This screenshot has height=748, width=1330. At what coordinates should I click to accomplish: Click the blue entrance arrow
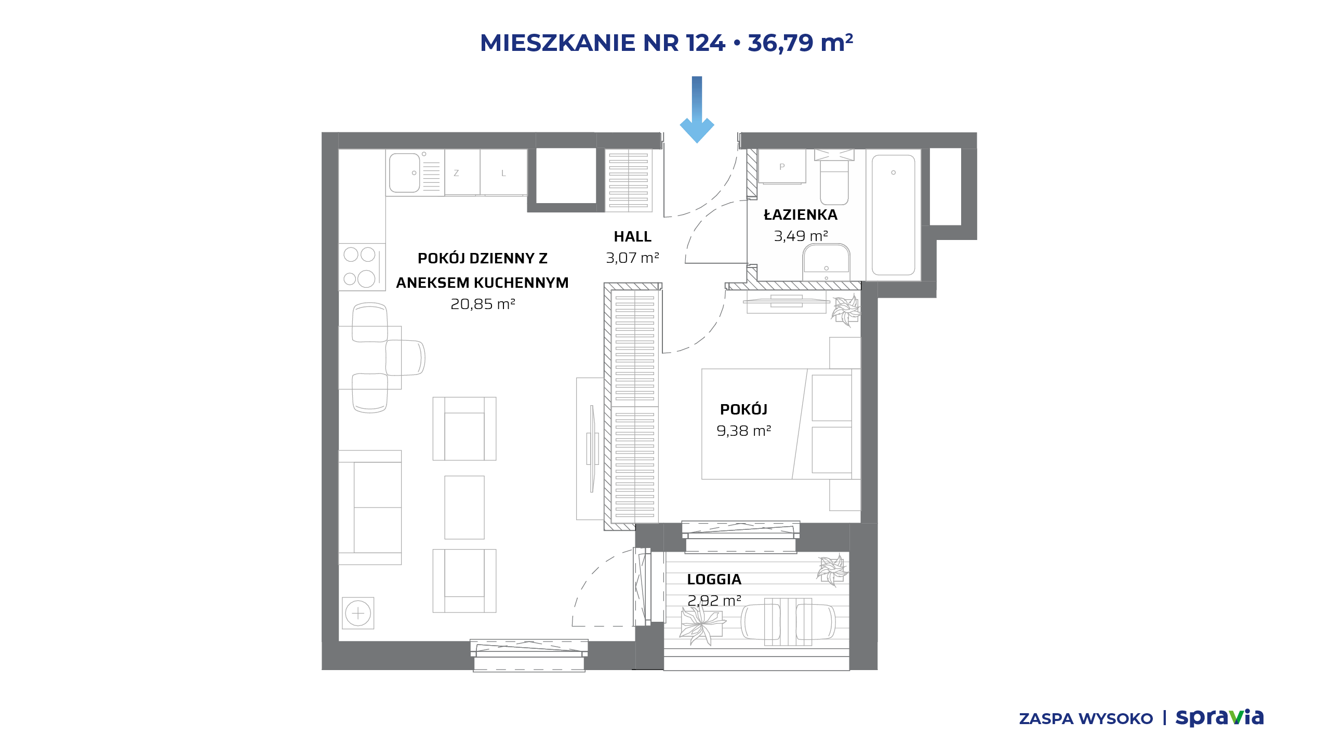click(697, 110)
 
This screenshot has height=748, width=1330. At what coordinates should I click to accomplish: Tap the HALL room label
click(632, 237)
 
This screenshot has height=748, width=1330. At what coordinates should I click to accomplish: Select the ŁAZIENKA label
click(800, 215)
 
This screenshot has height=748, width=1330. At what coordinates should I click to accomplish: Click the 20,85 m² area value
click(483, 304)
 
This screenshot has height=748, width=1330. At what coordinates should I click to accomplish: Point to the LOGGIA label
click(714, 579)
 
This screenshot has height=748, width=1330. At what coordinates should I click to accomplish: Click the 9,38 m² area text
click(743, 431)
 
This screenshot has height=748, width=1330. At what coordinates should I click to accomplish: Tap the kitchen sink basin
click(404, 173)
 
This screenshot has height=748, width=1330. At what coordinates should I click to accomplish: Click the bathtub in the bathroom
click(893, 215)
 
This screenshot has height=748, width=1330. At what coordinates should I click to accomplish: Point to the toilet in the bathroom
click(834, 177)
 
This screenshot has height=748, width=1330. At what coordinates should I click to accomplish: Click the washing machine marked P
click(782, 166)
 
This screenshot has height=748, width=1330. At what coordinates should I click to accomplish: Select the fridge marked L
click(503, 172)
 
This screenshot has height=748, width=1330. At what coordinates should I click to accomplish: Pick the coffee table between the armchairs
click(464, 507)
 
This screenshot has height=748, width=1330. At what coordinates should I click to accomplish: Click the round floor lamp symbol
click(358, 613)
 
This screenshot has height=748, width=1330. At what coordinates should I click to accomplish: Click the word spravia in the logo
click(1220, 717)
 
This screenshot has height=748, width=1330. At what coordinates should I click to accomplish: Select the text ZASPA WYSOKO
click(1086, 718)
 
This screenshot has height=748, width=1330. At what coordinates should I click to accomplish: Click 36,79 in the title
click(780, 43)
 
